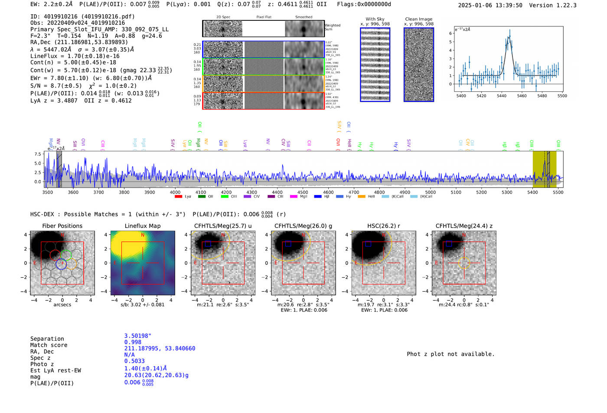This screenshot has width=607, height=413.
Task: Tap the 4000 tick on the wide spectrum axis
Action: [175, 192]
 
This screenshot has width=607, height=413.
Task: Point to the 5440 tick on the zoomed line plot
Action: [501, 96]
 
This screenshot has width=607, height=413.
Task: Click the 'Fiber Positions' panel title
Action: [62, 226]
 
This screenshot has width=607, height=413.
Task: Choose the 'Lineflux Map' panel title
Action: [143, 226]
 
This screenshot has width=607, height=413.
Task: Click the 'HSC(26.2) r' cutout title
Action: [383, 226]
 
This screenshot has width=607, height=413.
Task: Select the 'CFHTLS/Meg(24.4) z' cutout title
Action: [464, 226]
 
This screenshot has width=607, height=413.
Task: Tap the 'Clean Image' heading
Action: [418, 19]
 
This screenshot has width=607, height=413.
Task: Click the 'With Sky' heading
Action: [375, 19]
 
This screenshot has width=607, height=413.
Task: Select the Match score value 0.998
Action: [133, 342]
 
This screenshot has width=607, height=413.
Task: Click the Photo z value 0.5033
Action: [134, 361]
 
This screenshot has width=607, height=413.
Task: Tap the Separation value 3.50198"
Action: [137, 336]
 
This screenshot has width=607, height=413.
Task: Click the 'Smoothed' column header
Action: [303, 17]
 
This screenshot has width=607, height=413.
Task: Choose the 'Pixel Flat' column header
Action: [264, 17]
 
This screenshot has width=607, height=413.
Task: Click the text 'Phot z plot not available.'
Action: [450, 354]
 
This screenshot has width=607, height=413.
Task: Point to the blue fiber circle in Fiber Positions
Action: [61, 264]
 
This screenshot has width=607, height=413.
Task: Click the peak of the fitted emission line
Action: [509, 37]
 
